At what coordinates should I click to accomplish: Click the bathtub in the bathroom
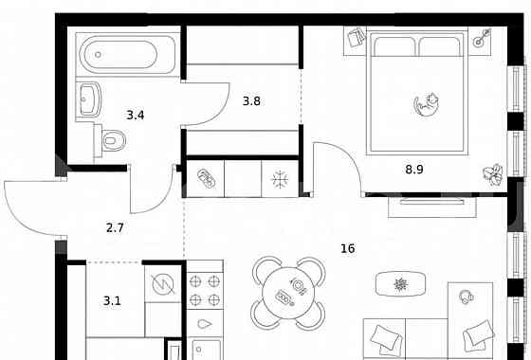tap(128, 54)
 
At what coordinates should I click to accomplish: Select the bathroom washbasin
tap(89, 99)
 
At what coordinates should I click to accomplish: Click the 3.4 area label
tap(136, 116)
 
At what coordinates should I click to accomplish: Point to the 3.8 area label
tap(251, 101)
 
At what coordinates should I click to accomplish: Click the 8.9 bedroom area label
tap(414, 170)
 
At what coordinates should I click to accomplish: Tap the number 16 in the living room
tap(348, 248)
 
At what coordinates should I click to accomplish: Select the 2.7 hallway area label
tap(115, 228)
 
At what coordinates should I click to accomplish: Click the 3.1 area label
tap(112, 301)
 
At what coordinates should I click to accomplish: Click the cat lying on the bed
tap(427, 105)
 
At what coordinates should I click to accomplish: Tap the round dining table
tap(288, 293)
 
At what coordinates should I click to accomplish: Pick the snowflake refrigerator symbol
tap(280, 179)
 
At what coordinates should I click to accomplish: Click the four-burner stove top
tap(205, 290)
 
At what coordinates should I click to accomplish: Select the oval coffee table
tap(400, 284)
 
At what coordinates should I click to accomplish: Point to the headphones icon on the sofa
tap(467, 297)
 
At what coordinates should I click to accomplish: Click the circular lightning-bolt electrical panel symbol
tap(163, 284)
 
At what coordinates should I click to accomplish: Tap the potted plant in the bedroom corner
tap(493, 174)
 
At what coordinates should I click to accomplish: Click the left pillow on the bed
tap(394, 46)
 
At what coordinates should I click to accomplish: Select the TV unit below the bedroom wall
tap(432, 207)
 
